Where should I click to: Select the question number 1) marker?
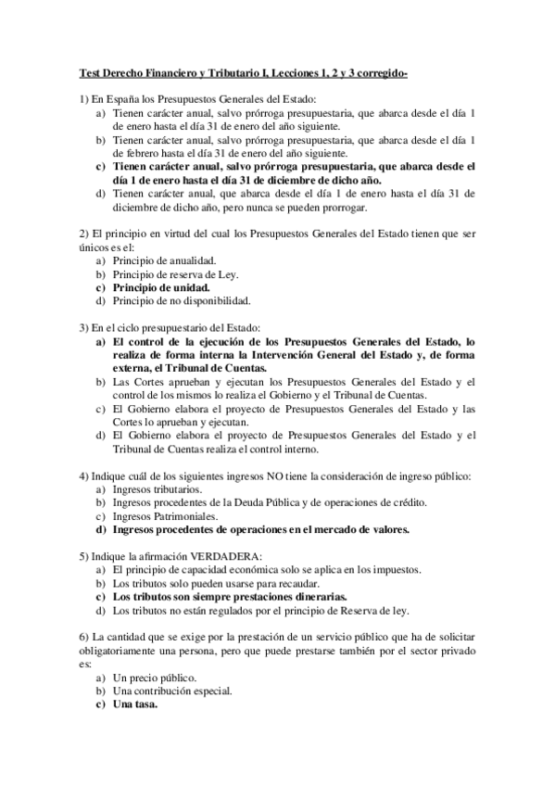[x=82, y=98]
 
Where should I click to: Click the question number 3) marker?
[x=82, y=327]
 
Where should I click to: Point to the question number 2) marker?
[x=82, y=234]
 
